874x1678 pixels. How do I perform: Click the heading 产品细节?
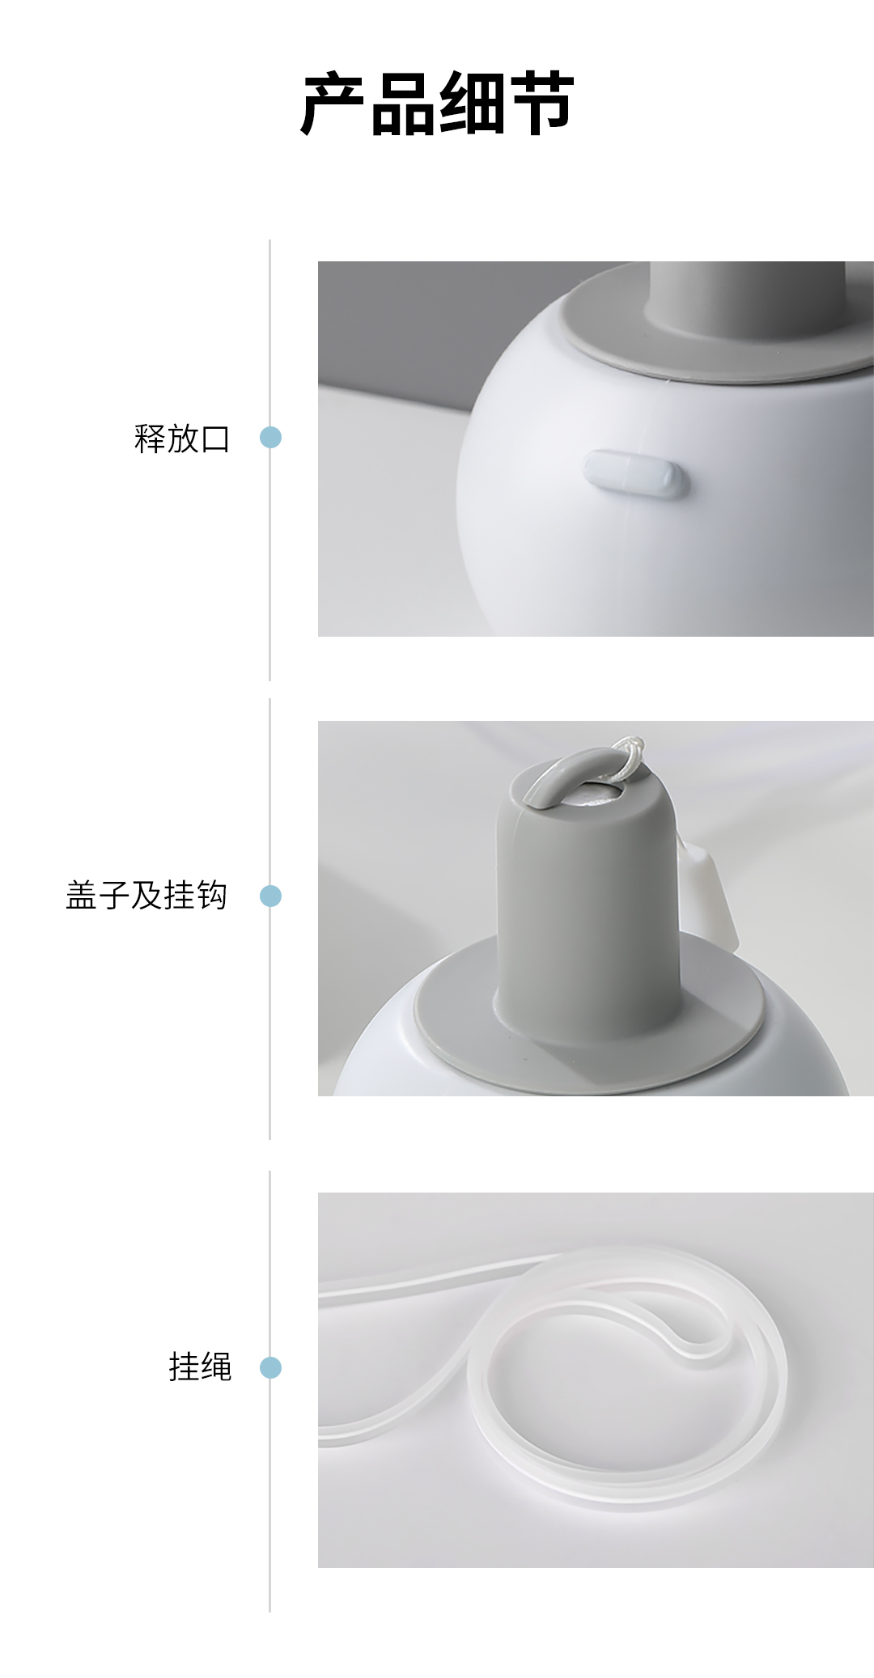click(x=437, y=103)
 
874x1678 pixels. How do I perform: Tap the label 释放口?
click(x=183, y=439)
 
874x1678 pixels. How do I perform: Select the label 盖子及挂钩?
click(x=146, y=896)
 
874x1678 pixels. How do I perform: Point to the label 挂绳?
click(x=200, y=1367)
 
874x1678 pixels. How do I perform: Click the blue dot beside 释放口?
click(x=270, y=438)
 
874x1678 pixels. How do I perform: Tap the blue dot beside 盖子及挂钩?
click(x=270, y=896)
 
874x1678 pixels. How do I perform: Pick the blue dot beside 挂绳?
click(x=270, y=1367)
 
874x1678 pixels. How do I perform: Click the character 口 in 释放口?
click(x=216, y=439)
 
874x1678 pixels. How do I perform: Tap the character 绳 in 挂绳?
click(x=216, y=1367)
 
